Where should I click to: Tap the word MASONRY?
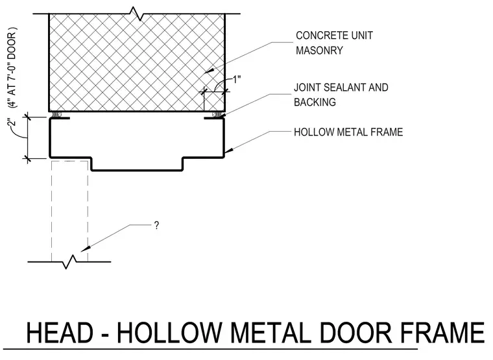click(319, 51)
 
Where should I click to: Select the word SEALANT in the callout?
click(344, 88)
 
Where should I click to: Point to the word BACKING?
click(315, 102)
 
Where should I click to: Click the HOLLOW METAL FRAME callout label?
click(348, 132)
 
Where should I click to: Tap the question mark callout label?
click(156, 226)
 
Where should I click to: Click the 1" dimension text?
click(236, 79)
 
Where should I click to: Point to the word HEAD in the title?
click(60, 333)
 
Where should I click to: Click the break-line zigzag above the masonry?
click(138, 14)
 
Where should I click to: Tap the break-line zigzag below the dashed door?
click(70, 261)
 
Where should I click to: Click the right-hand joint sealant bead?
click(215, 114)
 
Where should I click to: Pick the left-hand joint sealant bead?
click(57, 114)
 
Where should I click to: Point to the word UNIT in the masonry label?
click(362, 36)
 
